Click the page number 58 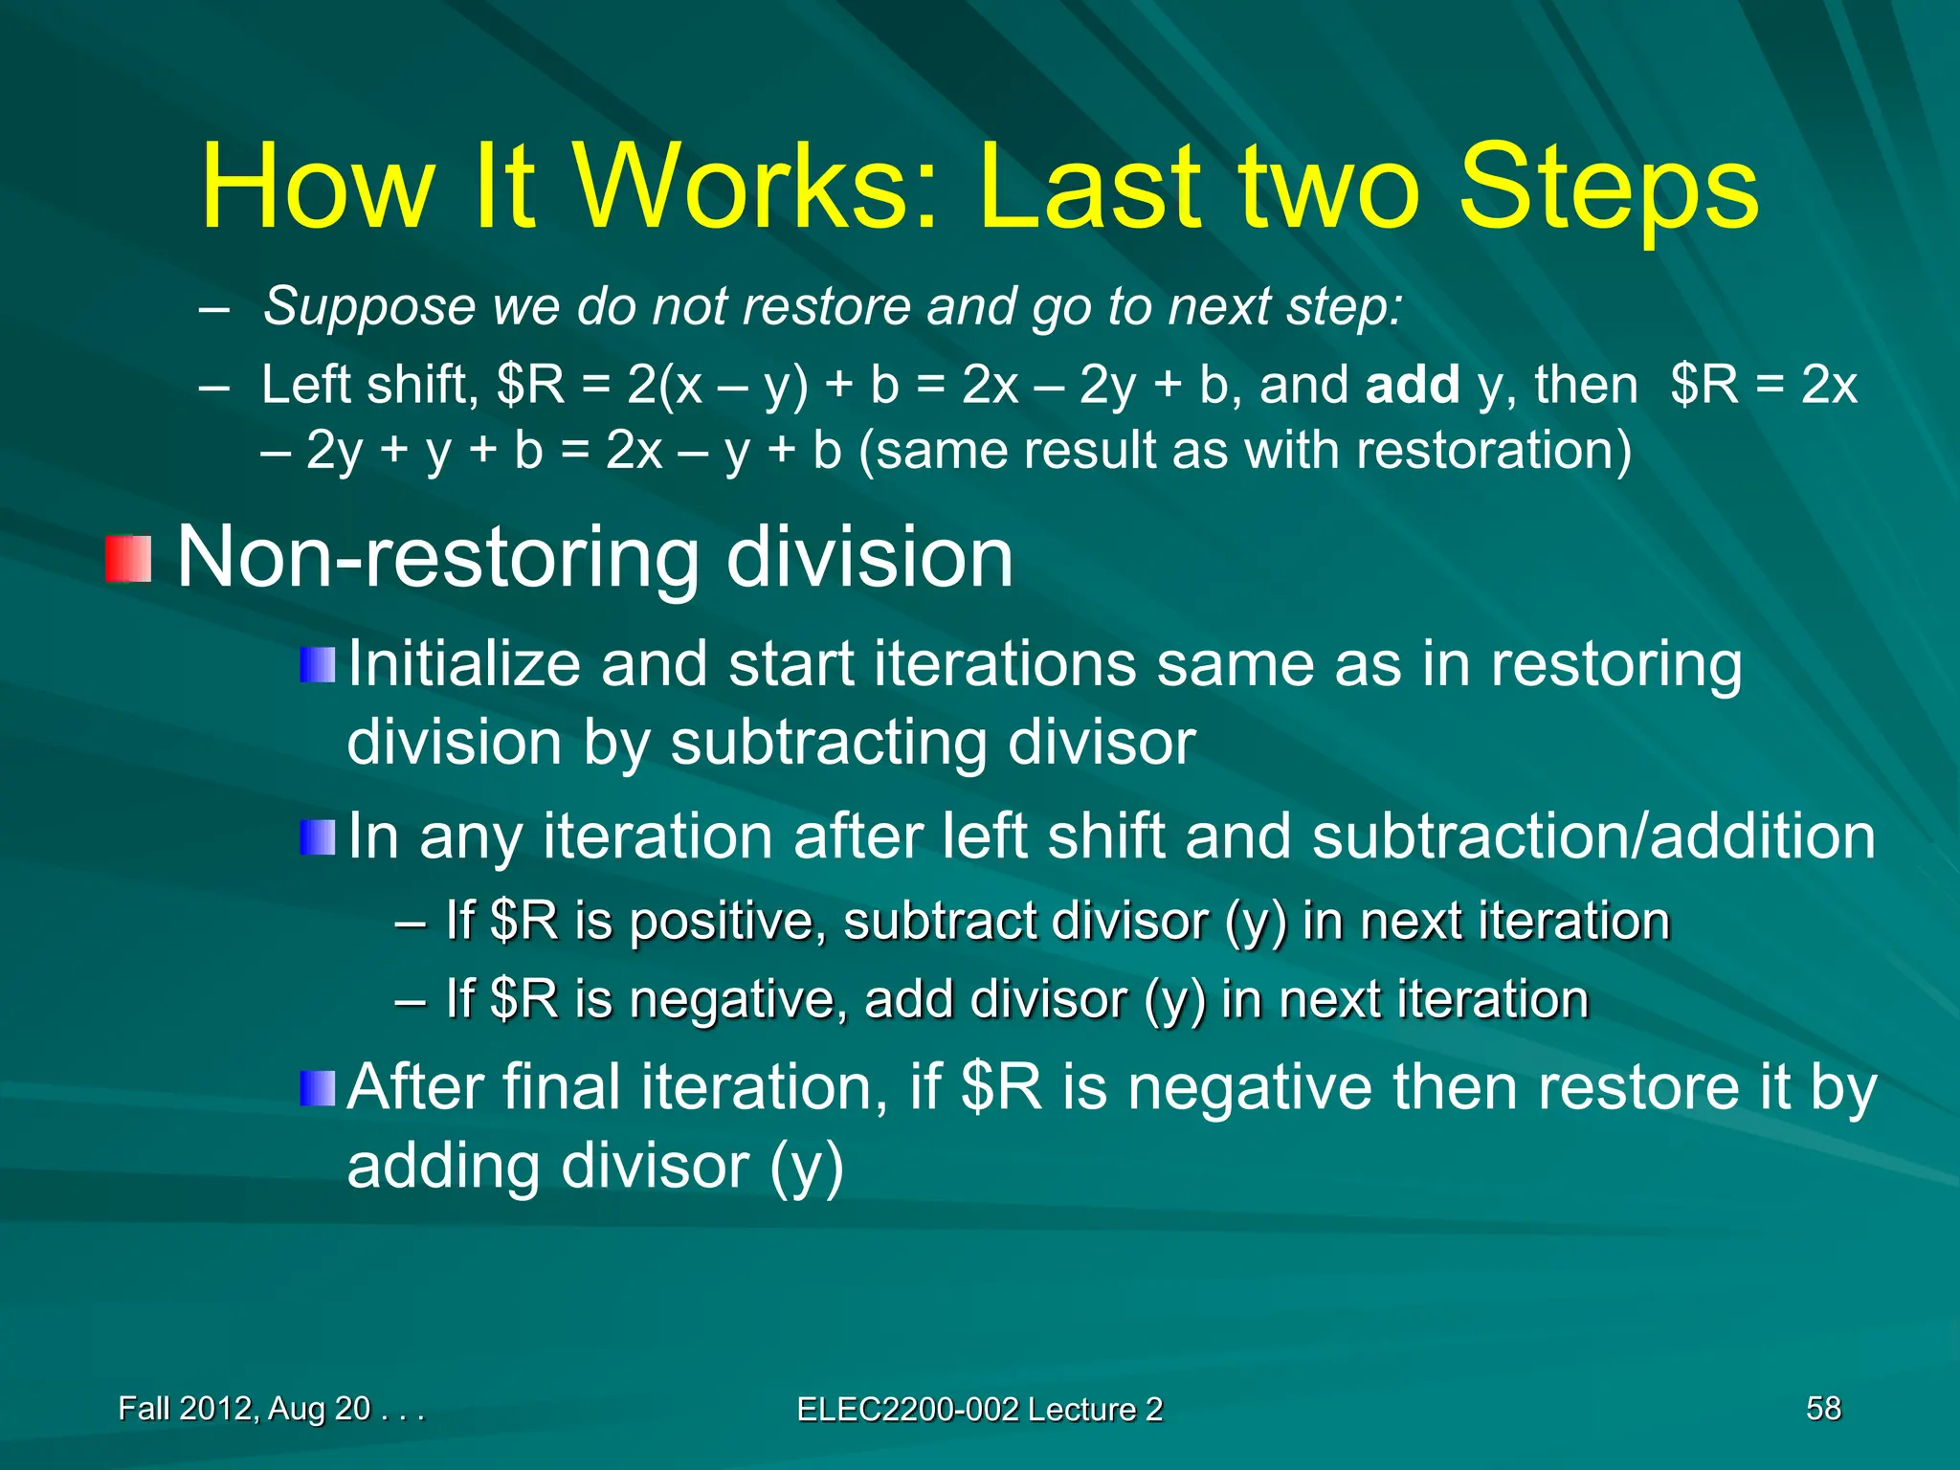[x=1823, y=1408]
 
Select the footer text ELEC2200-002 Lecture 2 [x=979, y=1409]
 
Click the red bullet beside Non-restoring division [x=128, y=559]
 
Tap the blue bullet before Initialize [x=317, y=664]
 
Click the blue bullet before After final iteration [x=317, y=1088]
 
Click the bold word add [x=1413, y=385]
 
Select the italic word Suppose [x=368, y=306]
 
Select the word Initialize [x=464, y=664]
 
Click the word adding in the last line [x=444, y=1167]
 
